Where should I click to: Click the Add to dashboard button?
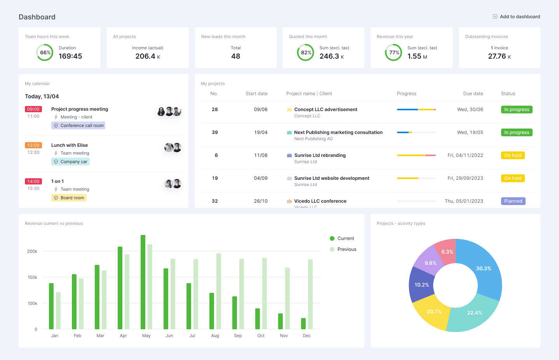tap(516, 17)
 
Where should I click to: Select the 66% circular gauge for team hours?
tap(45, 52)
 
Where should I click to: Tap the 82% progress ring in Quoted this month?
tap(306, 52)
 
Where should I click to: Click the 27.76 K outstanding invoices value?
tap(499, 56)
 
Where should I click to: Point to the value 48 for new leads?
tap(235, 56)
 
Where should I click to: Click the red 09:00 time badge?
tap(33, 109)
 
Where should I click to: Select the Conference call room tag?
tap(78, 125)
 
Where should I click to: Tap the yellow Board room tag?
tap(69, 198)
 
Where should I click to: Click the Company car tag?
tap(70, 162)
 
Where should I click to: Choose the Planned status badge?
tap(513, 201)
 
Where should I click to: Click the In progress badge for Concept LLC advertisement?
tap(516, 110)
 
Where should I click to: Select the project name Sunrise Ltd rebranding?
tap(320, 155)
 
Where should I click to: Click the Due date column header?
tap(473, 94)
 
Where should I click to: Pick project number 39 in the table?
tap(215, 132)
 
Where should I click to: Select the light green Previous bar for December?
tap(310, 294)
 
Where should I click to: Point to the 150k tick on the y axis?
tap(32, 277)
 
